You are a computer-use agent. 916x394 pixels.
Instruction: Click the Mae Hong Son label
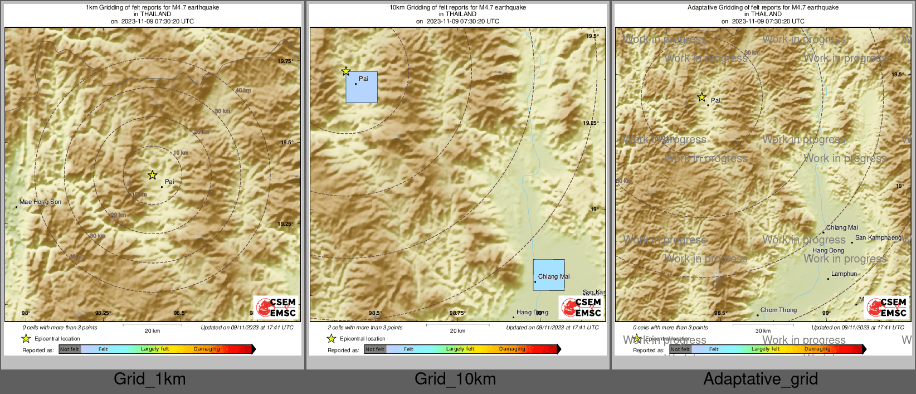(x=41, y=202)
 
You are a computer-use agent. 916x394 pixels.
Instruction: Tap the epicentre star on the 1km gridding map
(x=152, y=175)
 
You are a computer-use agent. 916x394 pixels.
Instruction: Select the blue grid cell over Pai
(x=362, y=87)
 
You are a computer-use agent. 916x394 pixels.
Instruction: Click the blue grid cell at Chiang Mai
(x=549, y=275)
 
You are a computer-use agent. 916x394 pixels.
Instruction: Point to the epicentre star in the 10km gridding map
(x=345, y=71)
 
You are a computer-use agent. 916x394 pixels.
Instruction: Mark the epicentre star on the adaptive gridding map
(x=702, y=98)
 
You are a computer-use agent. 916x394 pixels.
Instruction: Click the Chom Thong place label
(x=778, y=310)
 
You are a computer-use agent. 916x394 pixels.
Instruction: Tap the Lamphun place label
(x=844, y=274)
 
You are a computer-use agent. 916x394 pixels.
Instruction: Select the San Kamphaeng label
(x=878, y=237)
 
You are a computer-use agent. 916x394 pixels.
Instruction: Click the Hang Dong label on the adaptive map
(x=828, y=250)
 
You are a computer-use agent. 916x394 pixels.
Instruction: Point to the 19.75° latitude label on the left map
(x=285, y=61)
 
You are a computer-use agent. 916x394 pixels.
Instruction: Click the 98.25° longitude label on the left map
(x=103, y=313)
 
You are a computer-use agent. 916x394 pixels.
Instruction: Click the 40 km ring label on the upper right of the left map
(x=243, y=90)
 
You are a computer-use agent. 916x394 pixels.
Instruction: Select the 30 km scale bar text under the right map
(x=763, y=331)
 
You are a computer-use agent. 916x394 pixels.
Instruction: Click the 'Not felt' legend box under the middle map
(x=375, y=349)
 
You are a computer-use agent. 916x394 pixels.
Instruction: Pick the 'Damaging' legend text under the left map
(x=207, y=349)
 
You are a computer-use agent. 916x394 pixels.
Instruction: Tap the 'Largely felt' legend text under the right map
(x=765, y=349)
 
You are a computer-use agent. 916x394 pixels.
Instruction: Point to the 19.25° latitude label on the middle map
(x=591, y=123)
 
